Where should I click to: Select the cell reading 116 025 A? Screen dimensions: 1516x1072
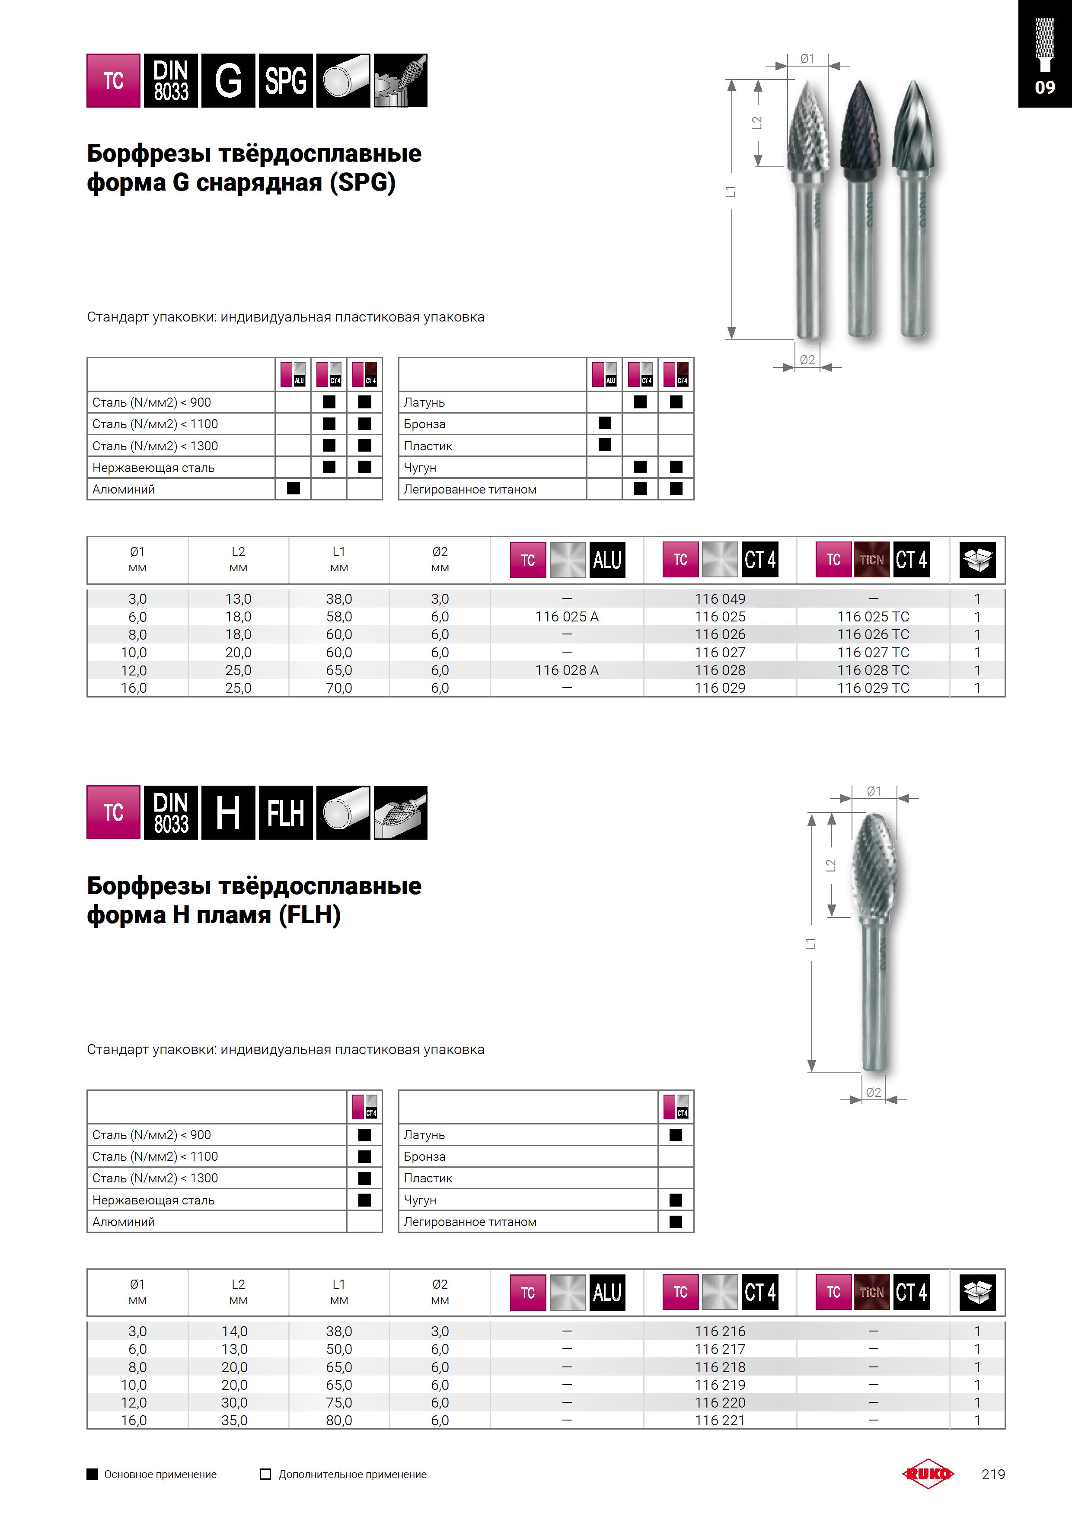coord(567,617)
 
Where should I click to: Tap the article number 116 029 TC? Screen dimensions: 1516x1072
coord(873,688)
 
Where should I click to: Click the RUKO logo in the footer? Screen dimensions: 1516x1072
coord(928,1474)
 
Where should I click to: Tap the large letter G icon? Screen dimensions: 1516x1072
coord(228,80)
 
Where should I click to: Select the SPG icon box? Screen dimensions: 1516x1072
coord(285,80)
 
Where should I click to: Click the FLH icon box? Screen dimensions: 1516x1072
coord(285,813)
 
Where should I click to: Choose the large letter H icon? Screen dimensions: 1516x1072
coord(228,813)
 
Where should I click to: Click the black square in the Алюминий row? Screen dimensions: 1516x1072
coord(293,489)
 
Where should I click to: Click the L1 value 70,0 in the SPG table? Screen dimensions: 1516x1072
coord(339,688)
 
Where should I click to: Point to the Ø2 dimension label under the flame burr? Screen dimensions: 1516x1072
coord(873,1093)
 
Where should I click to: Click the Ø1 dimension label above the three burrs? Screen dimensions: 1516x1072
coord(807,59)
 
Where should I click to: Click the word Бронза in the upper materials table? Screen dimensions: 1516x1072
coord(425,424)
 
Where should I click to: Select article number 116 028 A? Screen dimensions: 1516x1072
coord(567,670)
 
